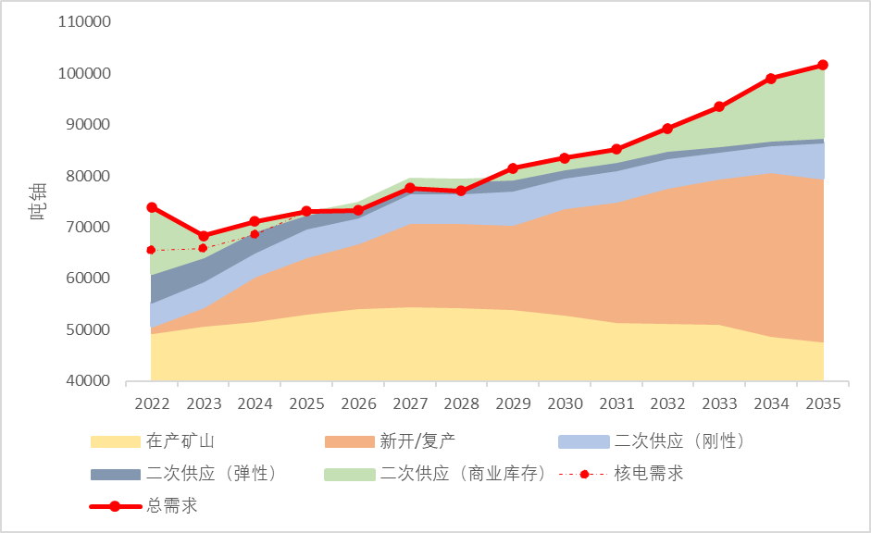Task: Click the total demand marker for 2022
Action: point(152,207)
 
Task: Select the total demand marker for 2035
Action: point(823,65)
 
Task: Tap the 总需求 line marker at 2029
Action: point(513,168)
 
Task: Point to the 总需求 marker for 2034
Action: point(771,79)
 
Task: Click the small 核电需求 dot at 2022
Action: point(151,250)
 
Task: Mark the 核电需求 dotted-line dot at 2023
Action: point(204,248)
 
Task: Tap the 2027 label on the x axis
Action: point(410,404)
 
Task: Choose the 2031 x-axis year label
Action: point(616,404)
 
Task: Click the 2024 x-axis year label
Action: point(255,404)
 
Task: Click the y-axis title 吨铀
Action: point(38,202)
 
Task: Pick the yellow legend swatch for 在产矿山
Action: point(114,441)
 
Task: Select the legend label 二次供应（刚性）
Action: point(679,441)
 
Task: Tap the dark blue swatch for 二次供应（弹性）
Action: point(114,474)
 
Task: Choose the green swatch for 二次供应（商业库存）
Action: point(349,474)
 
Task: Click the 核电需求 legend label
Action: point(648,474)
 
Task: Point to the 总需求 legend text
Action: point(171,506)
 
